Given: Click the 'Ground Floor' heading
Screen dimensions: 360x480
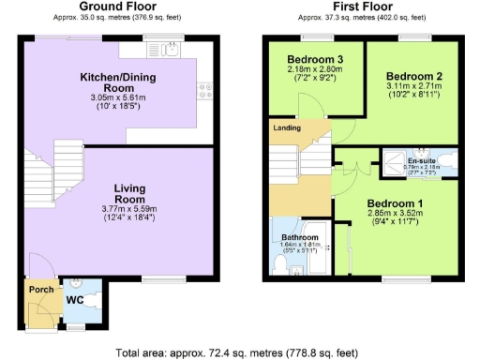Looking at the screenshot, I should [x=115, y=7].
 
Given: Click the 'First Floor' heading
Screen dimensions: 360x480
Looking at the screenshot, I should [x=362, y=7].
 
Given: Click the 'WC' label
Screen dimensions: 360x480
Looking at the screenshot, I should [x=77, y=300].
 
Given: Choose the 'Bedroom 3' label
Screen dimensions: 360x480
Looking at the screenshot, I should [x=314, y=61].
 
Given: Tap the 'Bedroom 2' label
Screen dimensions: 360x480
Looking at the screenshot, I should [x=412, y=75].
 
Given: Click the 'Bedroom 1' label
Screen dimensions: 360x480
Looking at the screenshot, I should [x=395, y=203].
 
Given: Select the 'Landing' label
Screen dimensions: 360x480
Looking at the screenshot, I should [x=287, y=127].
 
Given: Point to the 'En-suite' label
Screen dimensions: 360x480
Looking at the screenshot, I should [x=421, y=161].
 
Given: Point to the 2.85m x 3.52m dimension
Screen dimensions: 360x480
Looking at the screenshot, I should [x=395, y=214].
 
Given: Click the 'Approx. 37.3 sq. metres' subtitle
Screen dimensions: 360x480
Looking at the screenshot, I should [x=362, y=18].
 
